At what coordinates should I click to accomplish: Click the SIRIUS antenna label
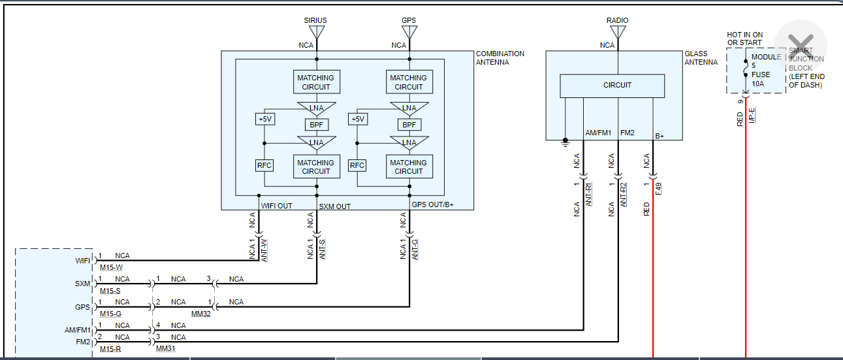(315, 20)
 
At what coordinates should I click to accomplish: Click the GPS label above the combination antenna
(409, 20)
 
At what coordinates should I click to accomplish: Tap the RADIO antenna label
(617, 20)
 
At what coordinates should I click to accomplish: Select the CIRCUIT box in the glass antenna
(612, 85)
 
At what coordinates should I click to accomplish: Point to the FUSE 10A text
(761, 78)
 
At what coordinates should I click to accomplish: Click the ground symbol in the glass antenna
(565, 140)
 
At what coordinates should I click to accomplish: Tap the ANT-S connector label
(323, 249)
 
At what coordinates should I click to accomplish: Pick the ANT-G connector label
(415, 249)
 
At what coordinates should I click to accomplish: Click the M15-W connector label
(111, 268)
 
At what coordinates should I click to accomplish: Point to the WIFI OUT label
(277, 206)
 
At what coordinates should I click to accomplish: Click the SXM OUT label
(334, 206)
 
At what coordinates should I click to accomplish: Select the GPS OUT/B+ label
(433, 205)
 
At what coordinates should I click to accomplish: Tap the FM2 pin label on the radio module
(82, 341)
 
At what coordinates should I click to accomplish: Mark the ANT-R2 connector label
(624, 195)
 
